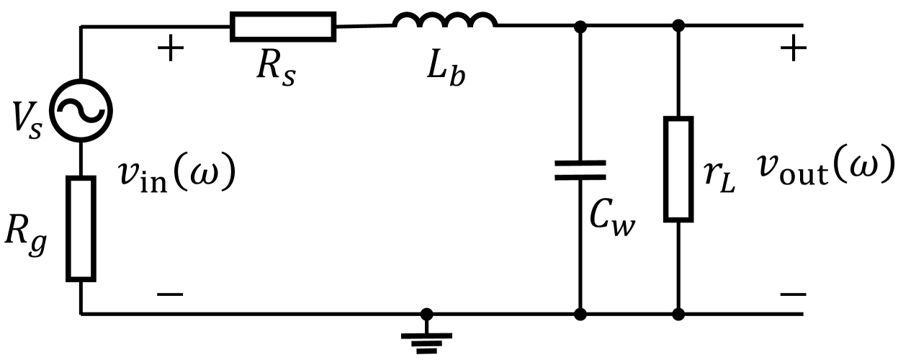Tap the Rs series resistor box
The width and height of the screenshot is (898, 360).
[283, 27]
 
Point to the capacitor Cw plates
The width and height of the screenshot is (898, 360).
[580, 170]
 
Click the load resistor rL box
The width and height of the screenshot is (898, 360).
[678, 168]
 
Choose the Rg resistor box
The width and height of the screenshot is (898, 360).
[81, 228]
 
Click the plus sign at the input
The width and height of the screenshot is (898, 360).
[170, 51]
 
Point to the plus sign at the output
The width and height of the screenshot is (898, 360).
[794, 50]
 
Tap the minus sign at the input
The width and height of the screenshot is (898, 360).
[170, 294]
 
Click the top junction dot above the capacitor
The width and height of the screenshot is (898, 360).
[580, 27]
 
